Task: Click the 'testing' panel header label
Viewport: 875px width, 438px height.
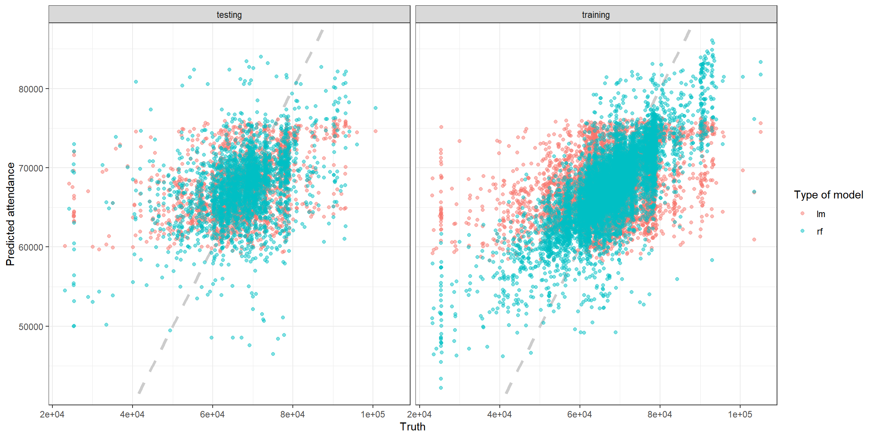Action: (229, 15)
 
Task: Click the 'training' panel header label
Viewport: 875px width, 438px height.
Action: (595, 15)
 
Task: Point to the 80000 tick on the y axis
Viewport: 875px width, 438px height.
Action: (31, 89)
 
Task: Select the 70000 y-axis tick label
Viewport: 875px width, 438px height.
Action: (31, 168)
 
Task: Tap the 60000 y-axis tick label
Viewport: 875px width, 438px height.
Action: (31, 247)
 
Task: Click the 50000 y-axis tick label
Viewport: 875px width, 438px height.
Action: (31, 327)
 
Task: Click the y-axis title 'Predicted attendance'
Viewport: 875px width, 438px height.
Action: (10, 214)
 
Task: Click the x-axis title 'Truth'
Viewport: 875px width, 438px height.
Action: (412, 427)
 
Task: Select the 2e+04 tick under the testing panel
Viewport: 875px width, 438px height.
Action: (52, 414)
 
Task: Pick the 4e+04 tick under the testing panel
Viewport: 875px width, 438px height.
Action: (132, 414)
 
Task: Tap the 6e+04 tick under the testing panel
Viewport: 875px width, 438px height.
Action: (212, 414)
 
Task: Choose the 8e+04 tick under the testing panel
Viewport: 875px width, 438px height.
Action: (292, 414)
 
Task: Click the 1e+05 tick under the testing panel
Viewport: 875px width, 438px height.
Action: (373, 414)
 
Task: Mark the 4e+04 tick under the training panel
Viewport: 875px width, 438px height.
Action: (499, 414)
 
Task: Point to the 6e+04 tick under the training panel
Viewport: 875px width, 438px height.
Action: (580, 414)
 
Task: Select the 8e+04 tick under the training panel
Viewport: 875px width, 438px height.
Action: (660, 414)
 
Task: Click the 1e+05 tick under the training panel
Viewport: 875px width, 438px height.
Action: (740, 414)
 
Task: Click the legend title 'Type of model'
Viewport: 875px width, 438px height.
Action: (828, 195)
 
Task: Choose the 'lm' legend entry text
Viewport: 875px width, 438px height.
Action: (821, 214)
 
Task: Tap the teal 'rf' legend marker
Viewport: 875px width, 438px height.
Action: (802, 231)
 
